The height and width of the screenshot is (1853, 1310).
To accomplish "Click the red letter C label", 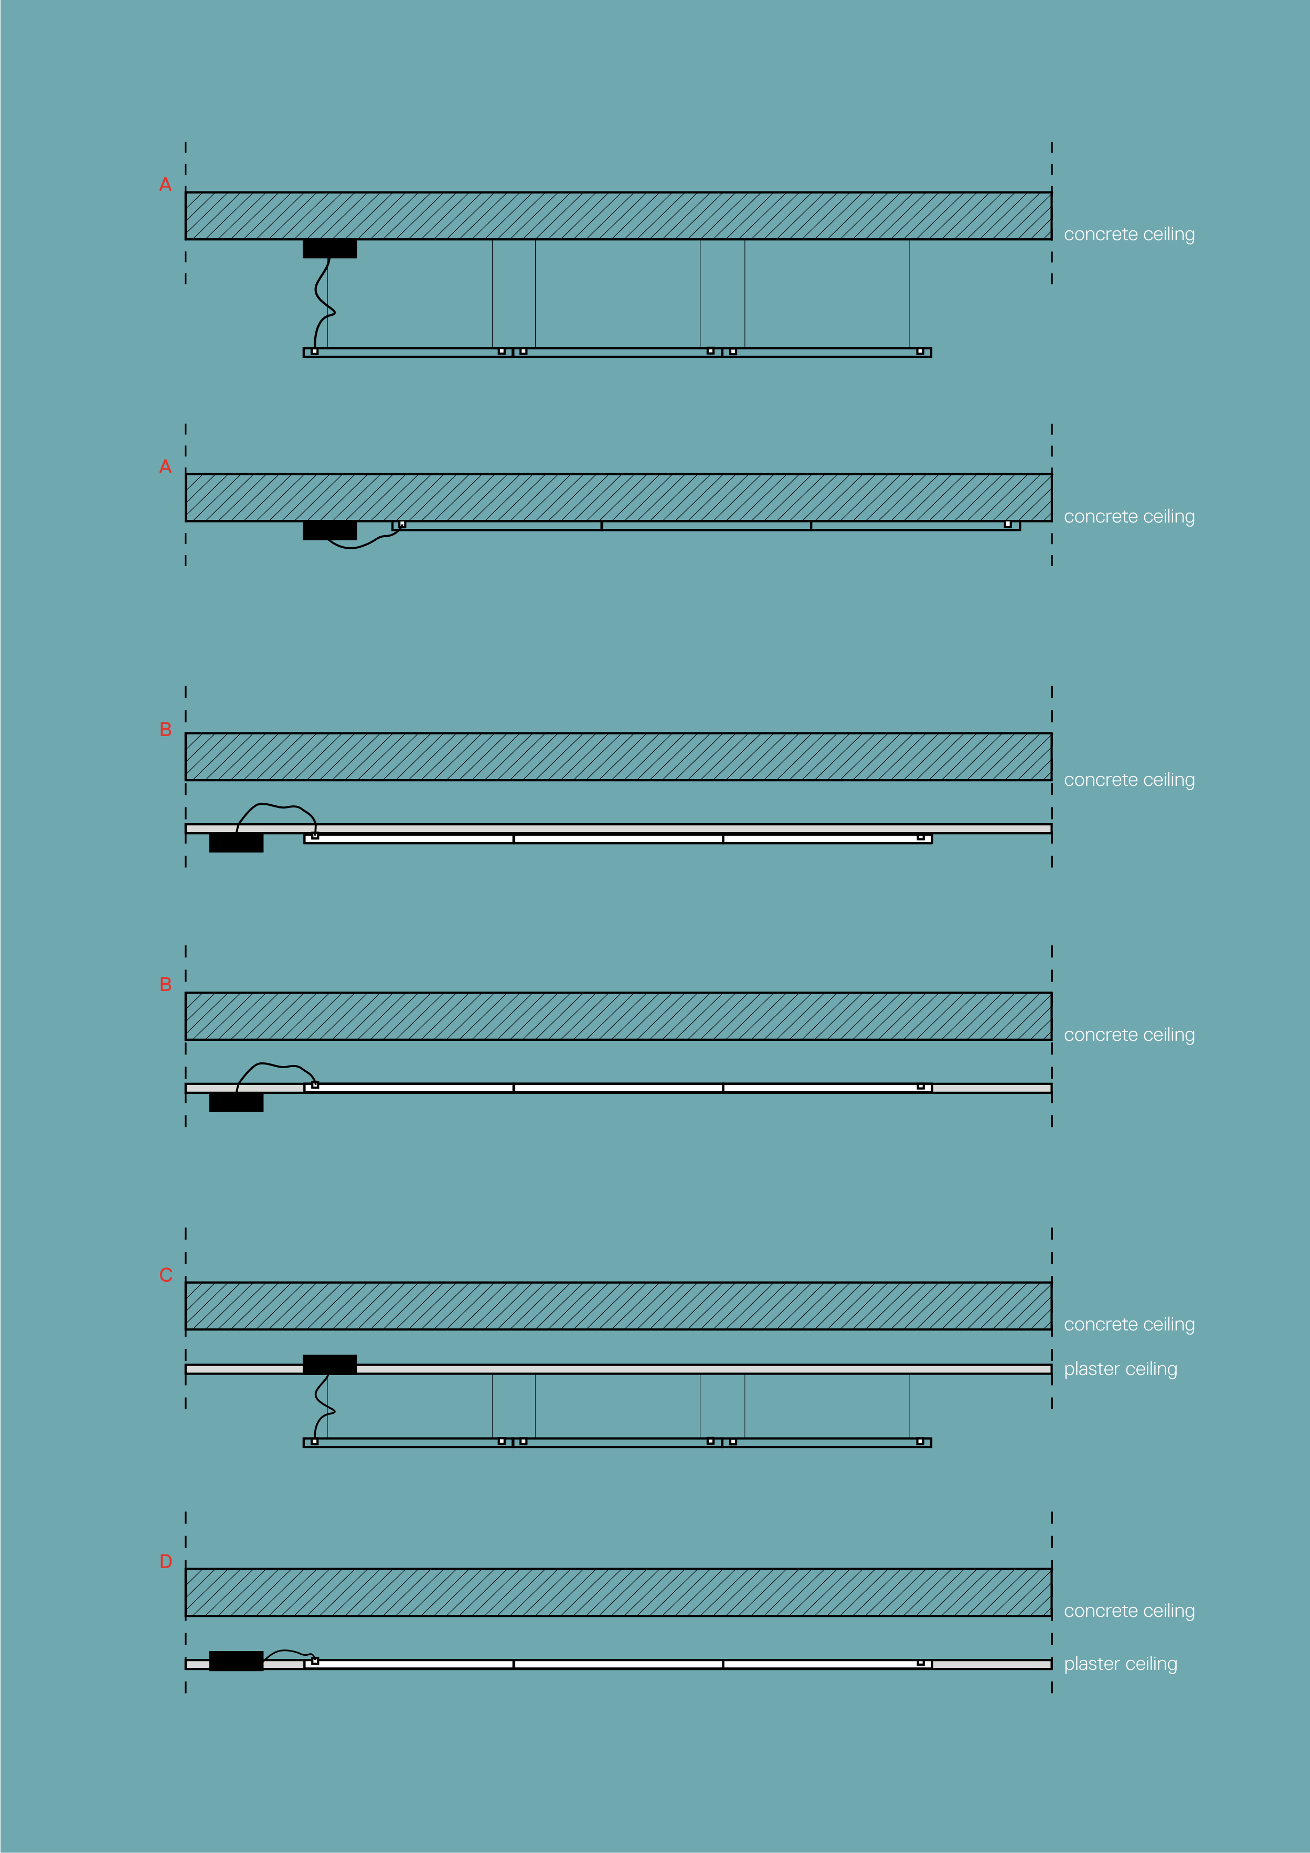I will (x=165, y=1275).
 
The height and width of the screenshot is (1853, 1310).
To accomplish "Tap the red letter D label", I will (x=165, y=1562).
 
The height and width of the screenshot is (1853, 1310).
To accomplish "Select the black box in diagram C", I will (x=329, y=1365).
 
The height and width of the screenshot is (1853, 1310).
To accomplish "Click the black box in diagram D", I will (x=236, y=1661).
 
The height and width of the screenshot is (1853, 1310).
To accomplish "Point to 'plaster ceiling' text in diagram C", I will (x=1120, y=1370).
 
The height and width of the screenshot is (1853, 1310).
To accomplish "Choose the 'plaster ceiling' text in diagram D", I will (x=1120, y=1664).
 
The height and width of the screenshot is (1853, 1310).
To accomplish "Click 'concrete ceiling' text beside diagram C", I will (x=1129, y=1325).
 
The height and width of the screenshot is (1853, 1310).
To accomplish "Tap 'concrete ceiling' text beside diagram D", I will (x=1129, y=1611).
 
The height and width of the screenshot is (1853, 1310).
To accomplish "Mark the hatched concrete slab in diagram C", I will (x=618, y=1306).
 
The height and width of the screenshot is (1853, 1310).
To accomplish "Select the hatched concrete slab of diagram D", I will (x=618, y=1592).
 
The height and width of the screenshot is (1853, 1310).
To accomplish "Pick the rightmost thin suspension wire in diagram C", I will (x=910, y=1406).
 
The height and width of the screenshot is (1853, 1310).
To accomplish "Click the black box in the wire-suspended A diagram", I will (x=329, y=249).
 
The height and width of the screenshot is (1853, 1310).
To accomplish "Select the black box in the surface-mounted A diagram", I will (x=329, y=530).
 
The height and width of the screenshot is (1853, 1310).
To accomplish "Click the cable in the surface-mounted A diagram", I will (x=355, y=546).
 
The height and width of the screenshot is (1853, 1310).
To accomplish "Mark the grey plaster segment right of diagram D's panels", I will (x=991, y=1664).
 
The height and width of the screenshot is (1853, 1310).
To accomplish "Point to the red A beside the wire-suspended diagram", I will (x=165, y=185).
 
